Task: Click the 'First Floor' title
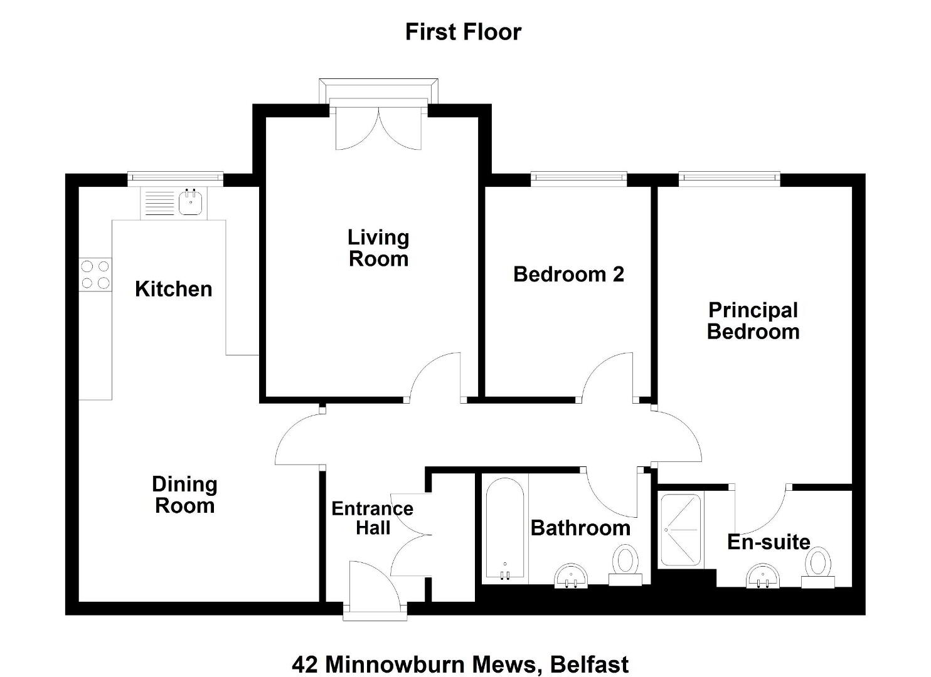[463, 33]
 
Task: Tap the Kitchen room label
[174, 289]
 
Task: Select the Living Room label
[378, 248]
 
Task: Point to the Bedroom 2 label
[568, 275]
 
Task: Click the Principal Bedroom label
[753, 321]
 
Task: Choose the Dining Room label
[184, 495]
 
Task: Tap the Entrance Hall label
[373, 518]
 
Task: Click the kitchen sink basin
[191, 202]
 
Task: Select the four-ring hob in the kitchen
[95, 275]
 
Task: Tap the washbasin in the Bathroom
[572, 575]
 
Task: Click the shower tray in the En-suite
[681, 530]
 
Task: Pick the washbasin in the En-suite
[763, 575]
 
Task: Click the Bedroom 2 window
[579, 177]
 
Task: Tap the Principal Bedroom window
[730, 177]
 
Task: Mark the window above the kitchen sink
[176, 177]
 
